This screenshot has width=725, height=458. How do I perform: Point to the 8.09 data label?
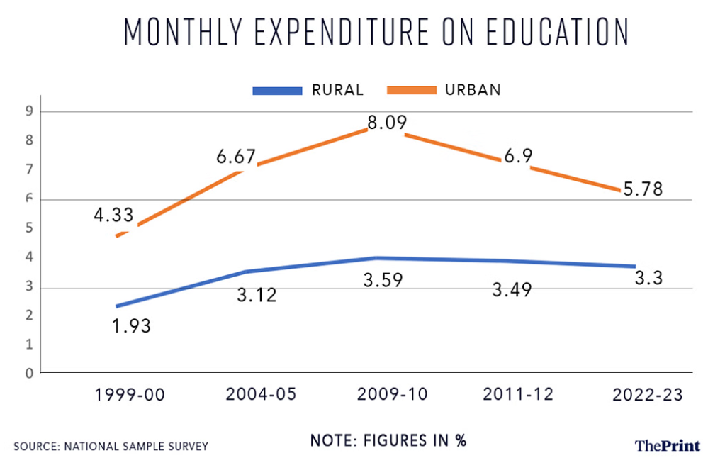click(x=387, y=123)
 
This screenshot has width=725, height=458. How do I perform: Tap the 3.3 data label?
click(x=648, y=279)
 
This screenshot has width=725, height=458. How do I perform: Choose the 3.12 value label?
click(x=256, y=294)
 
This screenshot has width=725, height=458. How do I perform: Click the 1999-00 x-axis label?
click(x=130, y=395)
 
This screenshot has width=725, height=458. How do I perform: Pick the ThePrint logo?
click(x=668, y=445)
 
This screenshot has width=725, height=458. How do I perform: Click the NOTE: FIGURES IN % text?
click(x=388, y=440)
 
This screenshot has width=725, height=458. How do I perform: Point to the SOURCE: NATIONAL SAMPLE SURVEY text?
click(x=111, y=446)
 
